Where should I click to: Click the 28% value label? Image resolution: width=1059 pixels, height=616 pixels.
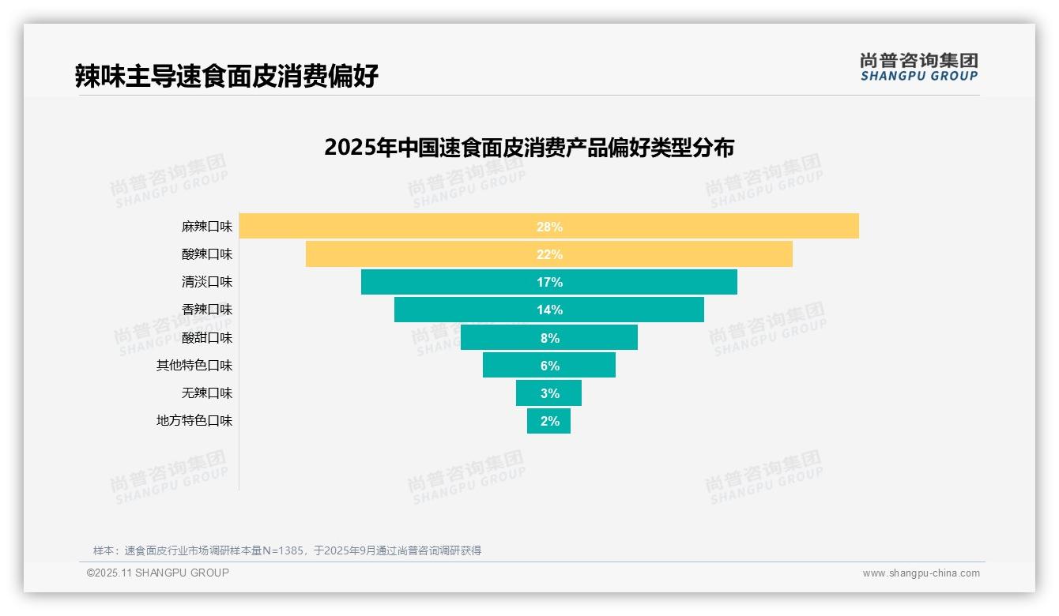coord(549,227)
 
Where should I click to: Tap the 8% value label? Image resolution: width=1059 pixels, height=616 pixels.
coord(549,338)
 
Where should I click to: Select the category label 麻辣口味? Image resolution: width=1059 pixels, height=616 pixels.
coord(207,227)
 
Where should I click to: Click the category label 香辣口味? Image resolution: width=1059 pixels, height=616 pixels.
coord(207,310)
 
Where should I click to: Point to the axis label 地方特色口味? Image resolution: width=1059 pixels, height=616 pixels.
coord(194,421)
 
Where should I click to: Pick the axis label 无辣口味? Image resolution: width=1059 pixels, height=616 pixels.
coord(207,393)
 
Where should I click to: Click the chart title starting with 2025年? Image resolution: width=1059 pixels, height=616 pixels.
coord(529,148)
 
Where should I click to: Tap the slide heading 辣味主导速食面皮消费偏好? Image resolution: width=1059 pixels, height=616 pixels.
coord(227,76)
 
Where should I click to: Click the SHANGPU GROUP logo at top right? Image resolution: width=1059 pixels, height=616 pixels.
coord(918,67)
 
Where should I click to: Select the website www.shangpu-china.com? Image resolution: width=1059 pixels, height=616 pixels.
coord(921,573)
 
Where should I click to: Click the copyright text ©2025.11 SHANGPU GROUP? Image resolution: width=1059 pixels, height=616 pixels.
coord(158,573)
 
